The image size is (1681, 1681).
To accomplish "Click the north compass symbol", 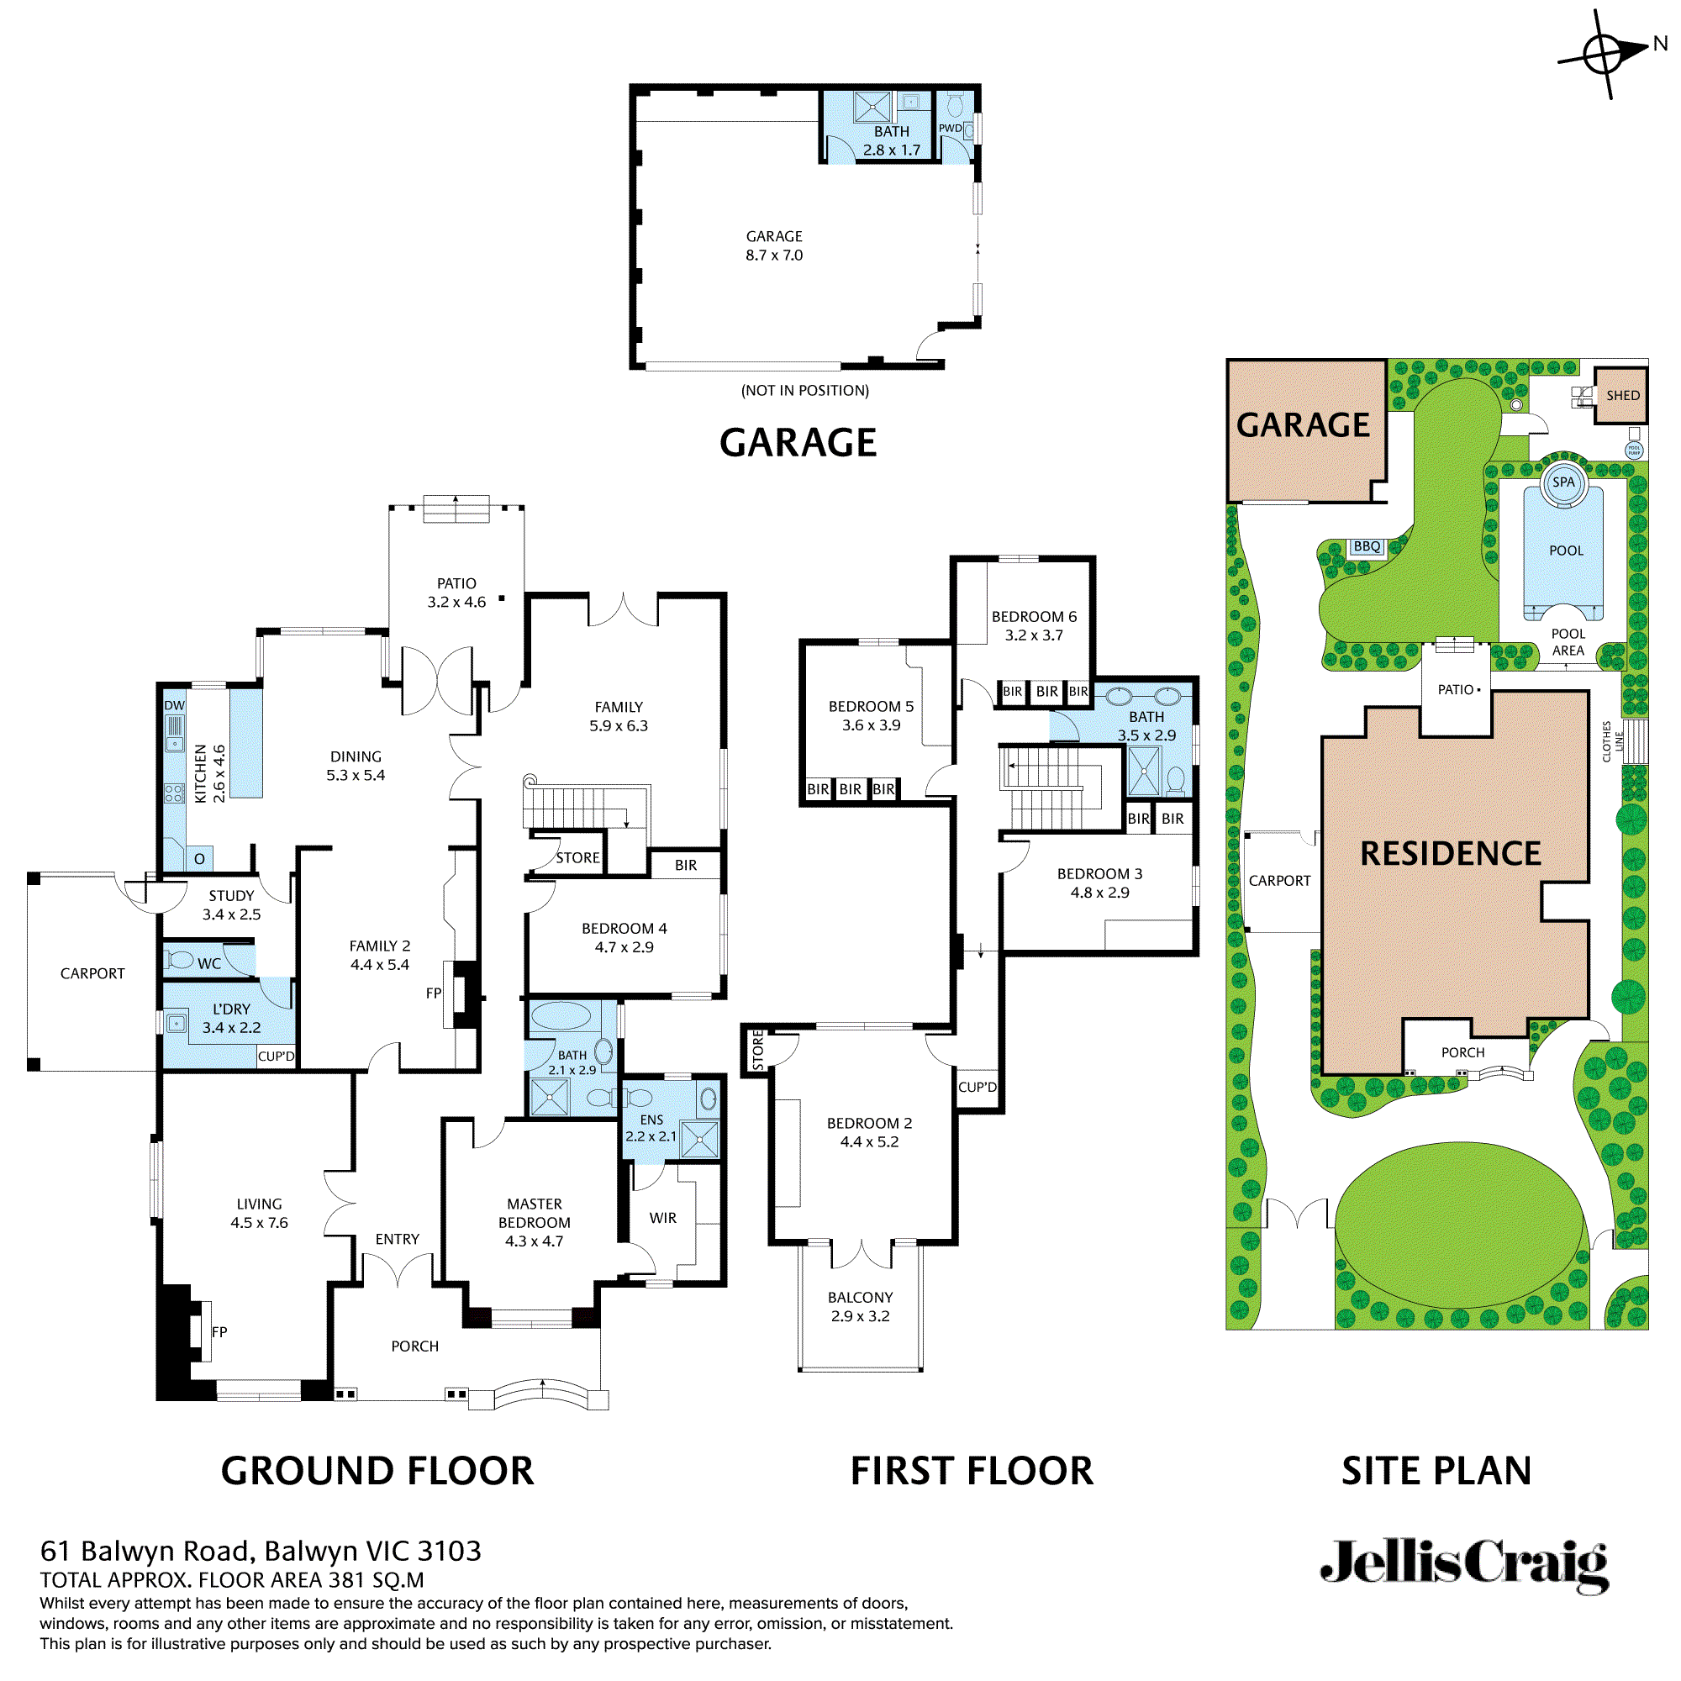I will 1604,55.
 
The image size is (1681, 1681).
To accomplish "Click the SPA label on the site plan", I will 1563,482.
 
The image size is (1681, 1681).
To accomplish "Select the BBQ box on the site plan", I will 1367,546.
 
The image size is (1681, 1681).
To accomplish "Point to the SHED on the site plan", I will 1622,395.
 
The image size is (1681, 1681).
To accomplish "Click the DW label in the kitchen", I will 174,706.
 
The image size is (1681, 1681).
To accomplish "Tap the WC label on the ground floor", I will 208,963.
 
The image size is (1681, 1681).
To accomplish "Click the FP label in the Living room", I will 219,1331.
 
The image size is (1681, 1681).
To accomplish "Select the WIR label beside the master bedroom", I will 663,1218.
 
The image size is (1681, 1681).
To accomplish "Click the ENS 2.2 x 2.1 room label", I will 651,1128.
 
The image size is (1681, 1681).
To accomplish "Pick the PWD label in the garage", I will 950,128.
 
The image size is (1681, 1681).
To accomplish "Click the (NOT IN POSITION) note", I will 805,391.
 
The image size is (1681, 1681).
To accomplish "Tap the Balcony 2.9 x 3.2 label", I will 860,1307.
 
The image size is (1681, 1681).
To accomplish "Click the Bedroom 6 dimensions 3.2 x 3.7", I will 1034,635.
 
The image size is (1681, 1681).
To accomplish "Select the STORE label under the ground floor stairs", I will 577,858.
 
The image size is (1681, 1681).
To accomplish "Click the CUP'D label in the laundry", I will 276,1057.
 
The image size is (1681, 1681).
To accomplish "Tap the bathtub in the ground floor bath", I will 561,1015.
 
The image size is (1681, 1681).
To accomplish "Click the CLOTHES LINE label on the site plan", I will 1612,741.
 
